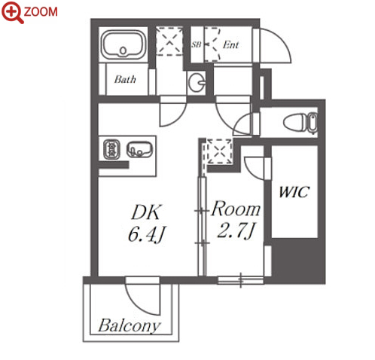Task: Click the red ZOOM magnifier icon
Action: [12, 12]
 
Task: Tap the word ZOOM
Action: [41, 12]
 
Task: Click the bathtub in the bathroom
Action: [123, 44]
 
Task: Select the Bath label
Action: [125, 79]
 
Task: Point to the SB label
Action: [196, 44]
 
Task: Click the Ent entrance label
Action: [230, 44]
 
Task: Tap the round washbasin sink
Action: [197, 82]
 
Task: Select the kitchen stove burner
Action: [111, 150]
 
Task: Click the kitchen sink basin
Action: [139, 150]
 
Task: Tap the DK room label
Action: [145, 212]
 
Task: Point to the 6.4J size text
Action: [146, 235]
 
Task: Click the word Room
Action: [236, 209]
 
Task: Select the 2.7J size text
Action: [236, 230]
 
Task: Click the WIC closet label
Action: [294, 192]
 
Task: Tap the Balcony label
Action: [129, 325]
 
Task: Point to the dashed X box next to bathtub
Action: [169, 41]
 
